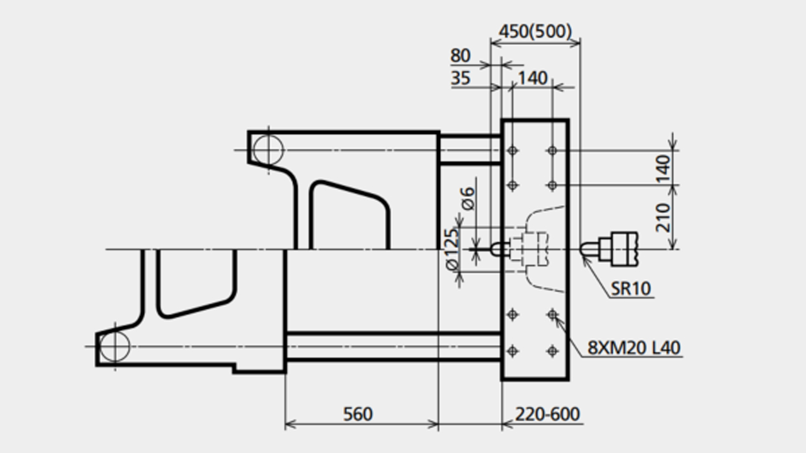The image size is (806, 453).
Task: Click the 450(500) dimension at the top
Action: tap(535, 31)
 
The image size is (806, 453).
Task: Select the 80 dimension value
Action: tap(460, 56)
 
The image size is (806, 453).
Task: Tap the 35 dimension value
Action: tap(460, 78)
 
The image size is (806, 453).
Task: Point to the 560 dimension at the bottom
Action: tap(358, 414)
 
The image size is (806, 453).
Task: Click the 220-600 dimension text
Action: tap(547, 414)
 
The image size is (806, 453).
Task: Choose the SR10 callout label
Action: tap(631, 288)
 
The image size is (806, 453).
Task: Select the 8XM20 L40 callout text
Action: tap(634, 348)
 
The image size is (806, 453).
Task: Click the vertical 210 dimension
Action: tap(663, 218)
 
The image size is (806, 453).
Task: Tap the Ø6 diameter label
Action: tap(468, 198)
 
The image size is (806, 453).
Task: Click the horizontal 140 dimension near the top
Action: tap(533, 78)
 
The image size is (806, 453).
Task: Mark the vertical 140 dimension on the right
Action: tap(663, 169)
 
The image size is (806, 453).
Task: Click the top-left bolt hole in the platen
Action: tap(513, 150)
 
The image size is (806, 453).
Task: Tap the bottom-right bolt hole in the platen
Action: tap(552, 350)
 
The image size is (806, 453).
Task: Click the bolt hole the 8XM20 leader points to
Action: tap(552, 315)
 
